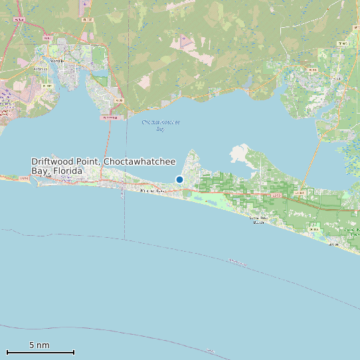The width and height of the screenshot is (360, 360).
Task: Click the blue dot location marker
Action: [179, 179]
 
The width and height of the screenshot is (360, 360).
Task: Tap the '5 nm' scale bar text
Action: [39, 345]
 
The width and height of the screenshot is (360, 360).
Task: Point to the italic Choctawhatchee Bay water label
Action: [161, 125]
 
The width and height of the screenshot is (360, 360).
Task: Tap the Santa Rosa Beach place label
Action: [256, 220]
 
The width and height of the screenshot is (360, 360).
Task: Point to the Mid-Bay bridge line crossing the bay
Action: [110, 146]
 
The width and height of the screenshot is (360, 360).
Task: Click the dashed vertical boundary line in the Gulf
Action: [125, 219]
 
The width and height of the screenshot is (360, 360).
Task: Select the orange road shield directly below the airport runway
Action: [87, 20]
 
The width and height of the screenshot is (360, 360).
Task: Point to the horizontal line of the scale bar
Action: [40, 352]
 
